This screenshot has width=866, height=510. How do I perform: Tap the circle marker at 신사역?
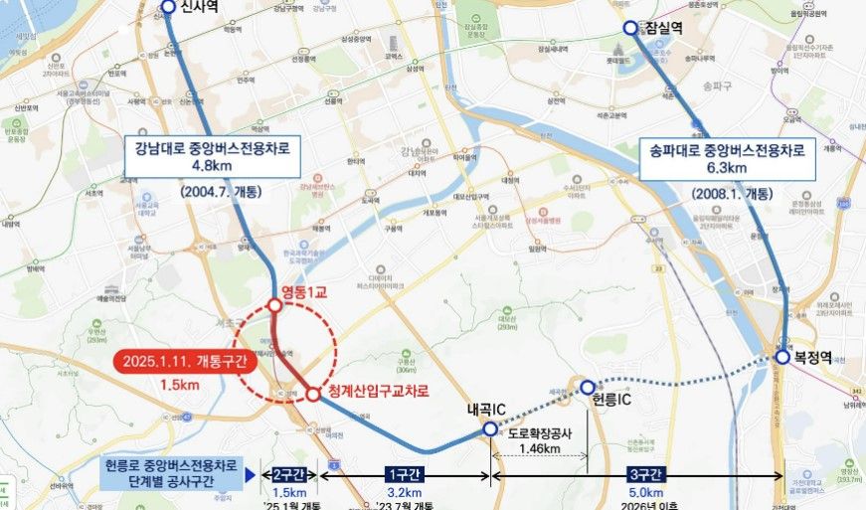[166, 8]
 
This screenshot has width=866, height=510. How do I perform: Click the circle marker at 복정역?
[783, 357]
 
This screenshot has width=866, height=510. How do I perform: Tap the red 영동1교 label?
[309, 292]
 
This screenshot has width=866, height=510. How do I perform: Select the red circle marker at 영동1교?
[274, 305]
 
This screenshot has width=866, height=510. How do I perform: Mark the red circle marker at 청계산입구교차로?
[313, 394]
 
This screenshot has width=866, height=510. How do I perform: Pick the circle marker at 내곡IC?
[489, 428]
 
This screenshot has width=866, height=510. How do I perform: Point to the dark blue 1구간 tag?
[404, 475]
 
